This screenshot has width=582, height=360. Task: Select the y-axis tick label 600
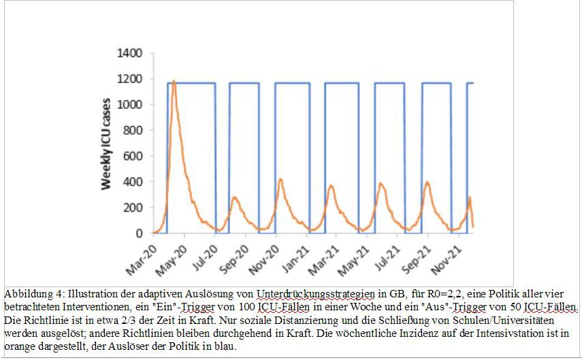click(x=133, y=157)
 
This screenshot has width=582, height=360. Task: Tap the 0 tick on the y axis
click(x=139, y=233)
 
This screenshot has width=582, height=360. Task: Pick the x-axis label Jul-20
click(x=201, y=253)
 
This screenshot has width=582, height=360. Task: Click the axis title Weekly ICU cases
click(x=107, y=143)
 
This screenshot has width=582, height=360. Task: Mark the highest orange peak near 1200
click(x=174, y=82)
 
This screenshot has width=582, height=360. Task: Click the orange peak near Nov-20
click(x=280, y=180)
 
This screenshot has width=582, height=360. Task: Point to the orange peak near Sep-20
click(x=235, y=197)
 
